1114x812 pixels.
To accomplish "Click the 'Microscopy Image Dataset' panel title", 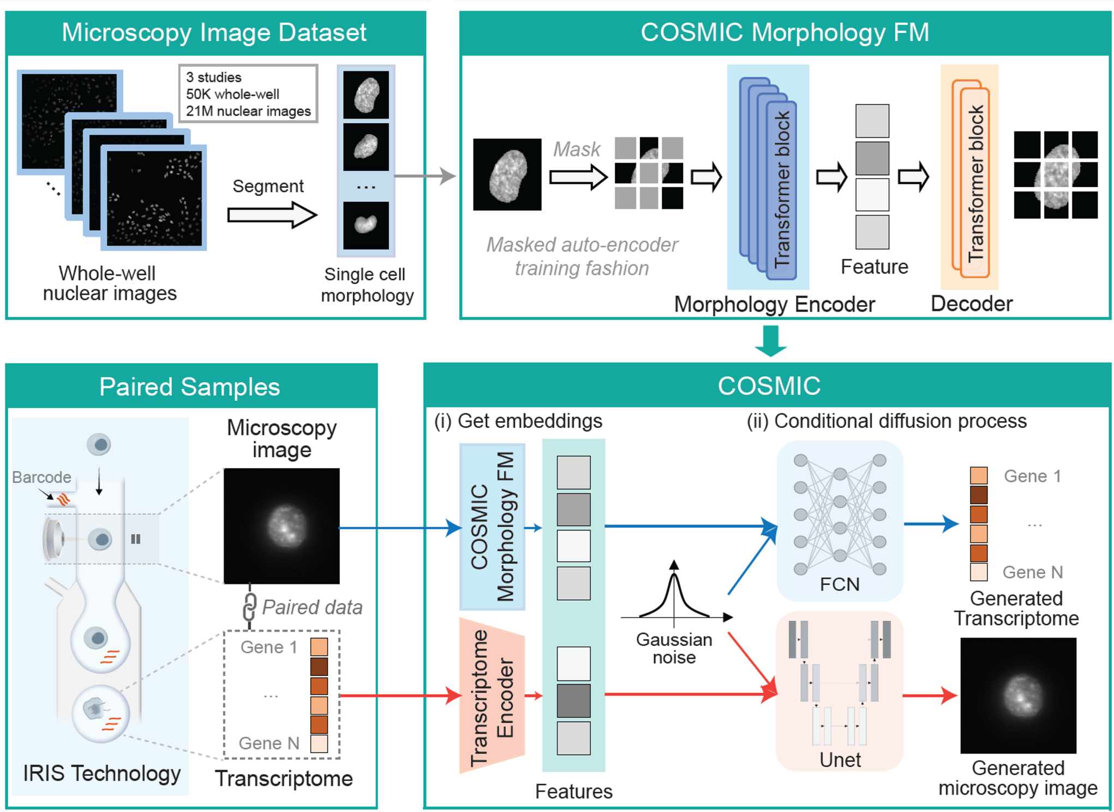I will [214, 33].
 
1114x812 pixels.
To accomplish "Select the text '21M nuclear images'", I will [248, 111].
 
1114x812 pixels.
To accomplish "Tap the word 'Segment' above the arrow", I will [268, 186].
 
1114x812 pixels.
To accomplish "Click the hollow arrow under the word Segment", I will [272, 215].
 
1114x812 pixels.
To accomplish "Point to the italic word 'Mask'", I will [577, 150].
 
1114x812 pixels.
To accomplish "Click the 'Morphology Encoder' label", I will [774, 304].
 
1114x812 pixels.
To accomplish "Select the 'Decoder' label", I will [972, 304].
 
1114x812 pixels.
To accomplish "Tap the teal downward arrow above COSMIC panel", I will [770, 341].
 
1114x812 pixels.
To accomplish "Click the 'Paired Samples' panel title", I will [189, 387].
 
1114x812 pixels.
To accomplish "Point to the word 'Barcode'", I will [41, 477].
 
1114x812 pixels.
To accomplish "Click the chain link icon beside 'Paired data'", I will [249, 607].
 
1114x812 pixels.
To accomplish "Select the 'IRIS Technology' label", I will [101, 773].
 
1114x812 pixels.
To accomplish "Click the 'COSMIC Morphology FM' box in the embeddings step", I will [492, 527].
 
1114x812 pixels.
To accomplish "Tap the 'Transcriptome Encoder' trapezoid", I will [492, 696].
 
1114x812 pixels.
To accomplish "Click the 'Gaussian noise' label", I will [674, 648].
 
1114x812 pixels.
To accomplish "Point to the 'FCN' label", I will [840, 584].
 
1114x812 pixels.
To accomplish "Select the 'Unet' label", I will [840, 760].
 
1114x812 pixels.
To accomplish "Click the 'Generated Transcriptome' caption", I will [1016, 608].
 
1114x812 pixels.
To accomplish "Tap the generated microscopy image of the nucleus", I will [1018, 695].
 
